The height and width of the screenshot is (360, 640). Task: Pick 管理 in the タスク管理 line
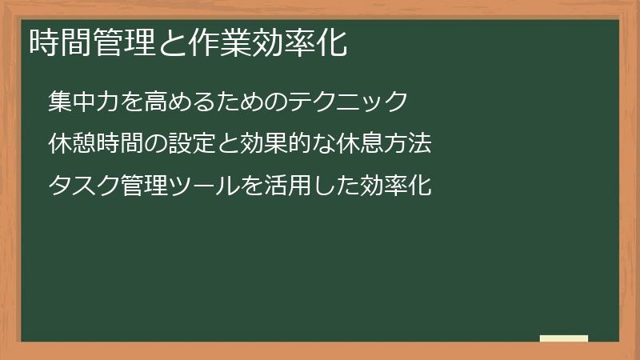(144, 186)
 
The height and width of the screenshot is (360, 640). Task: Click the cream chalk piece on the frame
(563, 338)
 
